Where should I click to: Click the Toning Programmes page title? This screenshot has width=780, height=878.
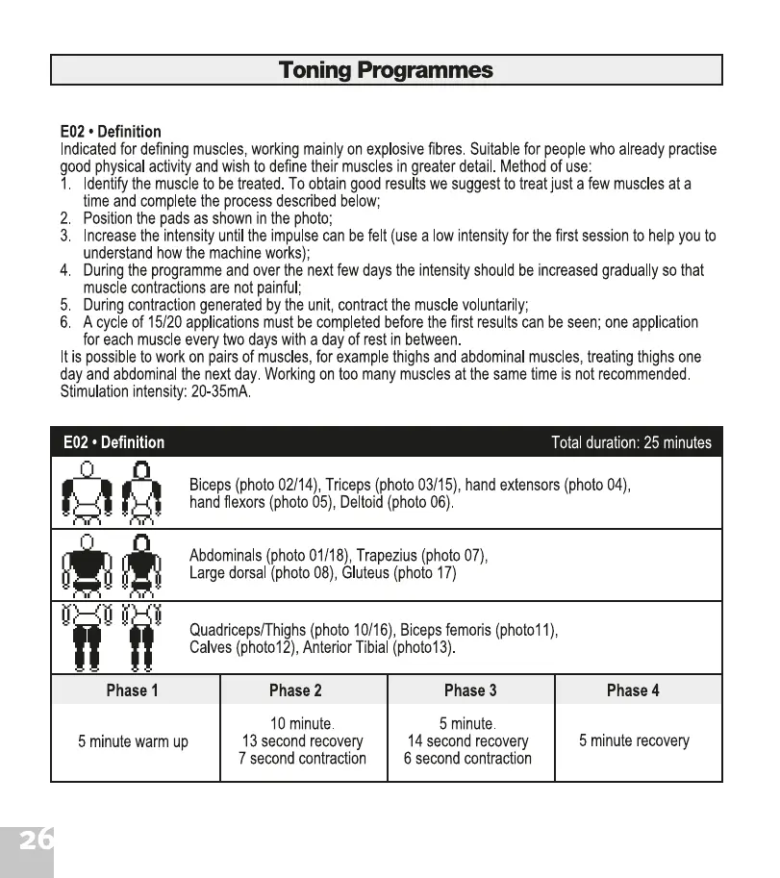(386, 70)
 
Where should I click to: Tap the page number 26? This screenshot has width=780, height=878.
(37, 840)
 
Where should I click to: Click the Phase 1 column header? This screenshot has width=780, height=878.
(133, 690)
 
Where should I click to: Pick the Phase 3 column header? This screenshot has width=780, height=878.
(470, 690)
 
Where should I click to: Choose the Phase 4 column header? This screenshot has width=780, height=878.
(633, 690)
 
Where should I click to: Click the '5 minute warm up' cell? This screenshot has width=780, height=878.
(133, 741)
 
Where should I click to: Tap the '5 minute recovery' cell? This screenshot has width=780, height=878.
(634, 740)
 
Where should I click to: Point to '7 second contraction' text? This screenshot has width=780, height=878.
(302, 759)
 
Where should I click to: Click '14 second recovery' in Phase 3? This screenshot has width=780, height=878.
(468, 741)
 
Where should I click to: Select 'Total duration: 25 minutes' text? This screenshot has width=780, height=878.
(631, 442)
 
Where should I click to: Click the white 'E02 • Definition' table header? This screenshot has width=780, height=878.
(113, 442)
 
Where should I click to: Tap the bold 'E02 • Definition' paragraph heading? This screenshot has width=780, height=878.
(111, 132)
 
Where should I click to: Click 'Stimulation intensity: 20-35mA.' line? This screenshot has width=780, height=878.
(155, 391)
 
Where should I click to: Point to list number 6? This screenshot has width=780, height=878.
(65, 322)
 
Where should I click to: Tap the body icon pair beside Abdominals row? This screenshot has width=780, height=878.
(112, 566)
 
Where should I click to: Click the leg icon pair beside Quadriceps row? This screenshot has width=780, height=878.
(112, 638)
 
